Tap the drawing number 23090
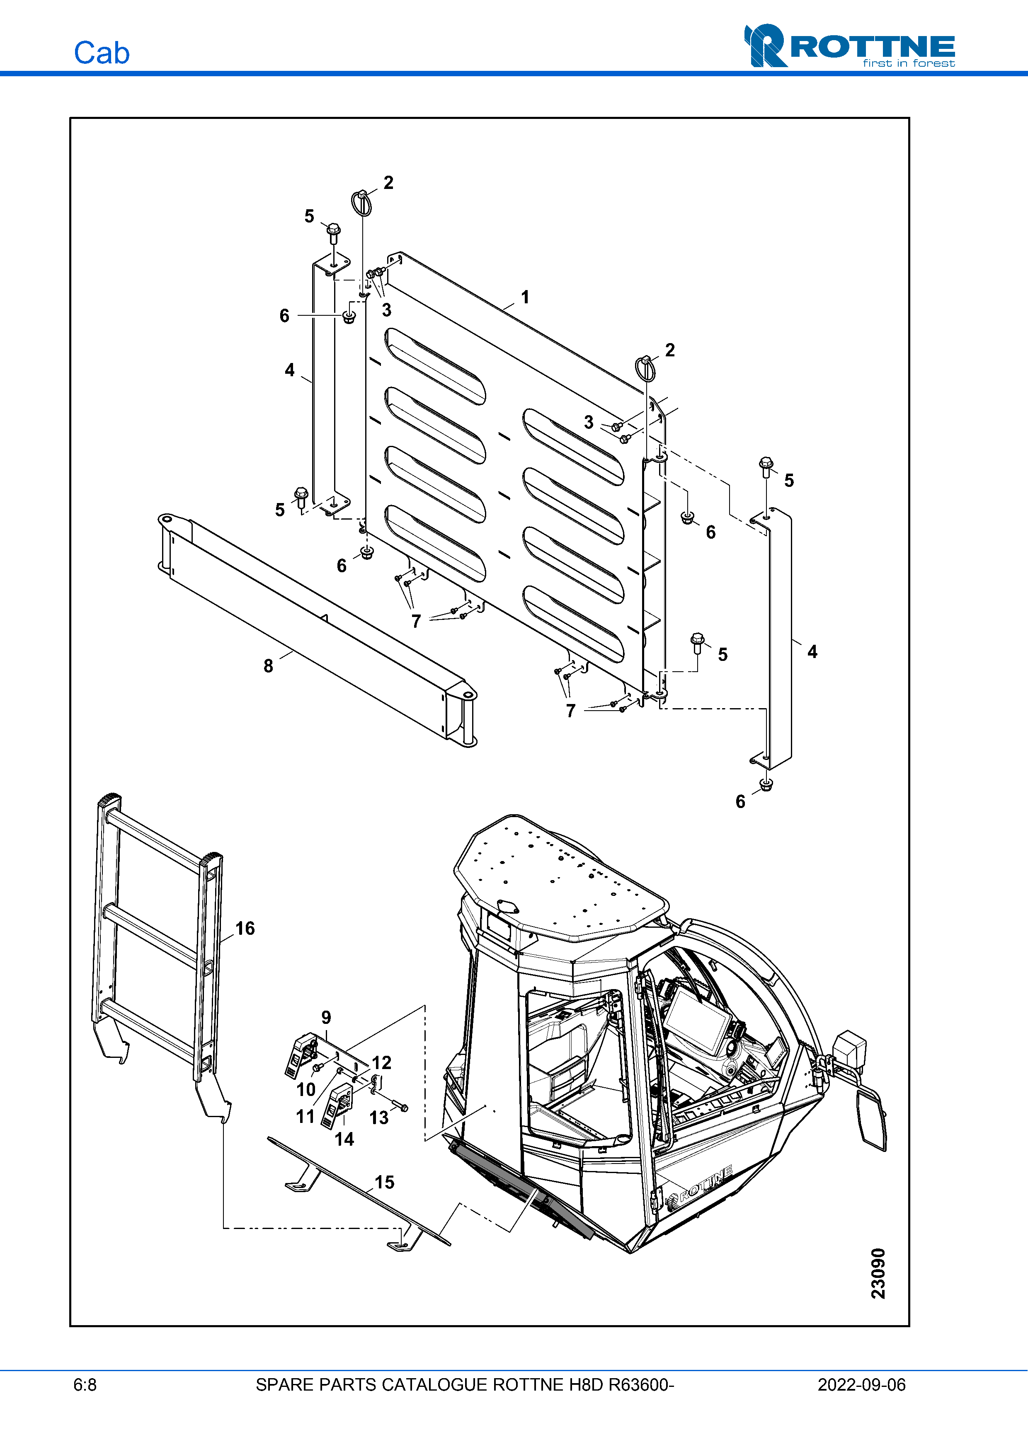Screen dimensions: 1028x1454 (x=878, y=1273)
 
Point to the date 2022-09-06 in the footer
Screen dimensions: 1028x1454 (x=861, y=1385)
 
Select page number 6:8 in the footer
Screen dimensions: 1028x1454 (x=85, y=1385)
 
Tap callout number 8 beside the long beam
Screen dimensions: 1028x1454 (x=269, y=665)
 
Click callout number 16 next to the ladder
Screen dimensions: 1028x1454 (x=245, y=929)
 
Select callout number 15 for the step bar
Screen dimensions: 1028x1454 (x=385, y=1182)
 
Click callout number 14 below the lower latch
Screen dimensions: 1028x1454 (x=344, y=1139)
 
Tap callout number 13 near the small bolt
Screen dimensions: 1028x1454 (x=379, y=1118)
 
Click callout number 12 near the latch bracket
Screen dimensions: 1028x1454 (x=382, y=1063)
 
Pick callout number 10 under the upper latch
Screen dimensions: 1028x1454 (x=306, y=1089)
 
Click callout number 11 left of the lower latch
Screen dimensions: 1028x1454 (x=305, y=1116)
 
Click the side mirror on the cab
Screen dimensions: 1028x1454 (x=872, y=1117)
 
